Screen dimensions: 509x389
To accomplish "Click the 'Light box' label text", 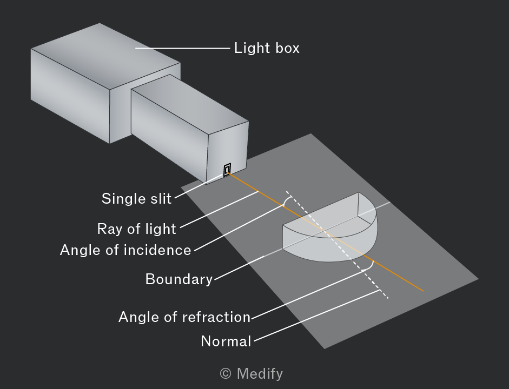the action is [267, 48].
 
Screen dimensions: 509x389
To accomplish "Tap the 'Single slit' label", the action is [136, 198].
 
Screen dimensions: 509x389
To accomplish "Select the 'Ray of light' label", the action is [137, 229].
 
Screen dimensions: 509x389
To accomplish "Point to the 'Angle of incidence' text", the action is [125, 250].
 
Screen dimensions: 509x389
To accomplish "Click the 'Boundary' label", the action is [179, 279].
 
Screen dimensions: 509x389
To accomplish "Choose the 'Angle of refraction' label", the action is [184, 317].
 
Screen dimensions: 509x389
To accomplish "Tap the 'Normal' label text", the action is [226, 341].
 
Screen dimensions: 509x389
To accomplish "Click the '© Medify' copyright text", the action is [251, 373].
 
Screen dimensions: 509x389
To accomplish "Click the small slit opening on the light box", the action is [227, 170].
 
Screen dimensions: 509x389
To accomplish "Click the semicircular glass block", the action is [330, 227].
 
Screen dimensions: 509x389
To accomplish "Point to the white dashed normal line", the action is [337, 244].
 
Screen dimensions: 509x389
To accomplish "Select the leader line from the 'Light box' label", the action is [182, 48].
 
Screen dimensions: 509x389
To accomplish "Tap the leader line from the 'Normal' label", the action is [317, 316].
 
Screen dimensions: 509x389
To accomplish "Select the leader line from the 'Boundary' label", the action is [239, 267].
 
